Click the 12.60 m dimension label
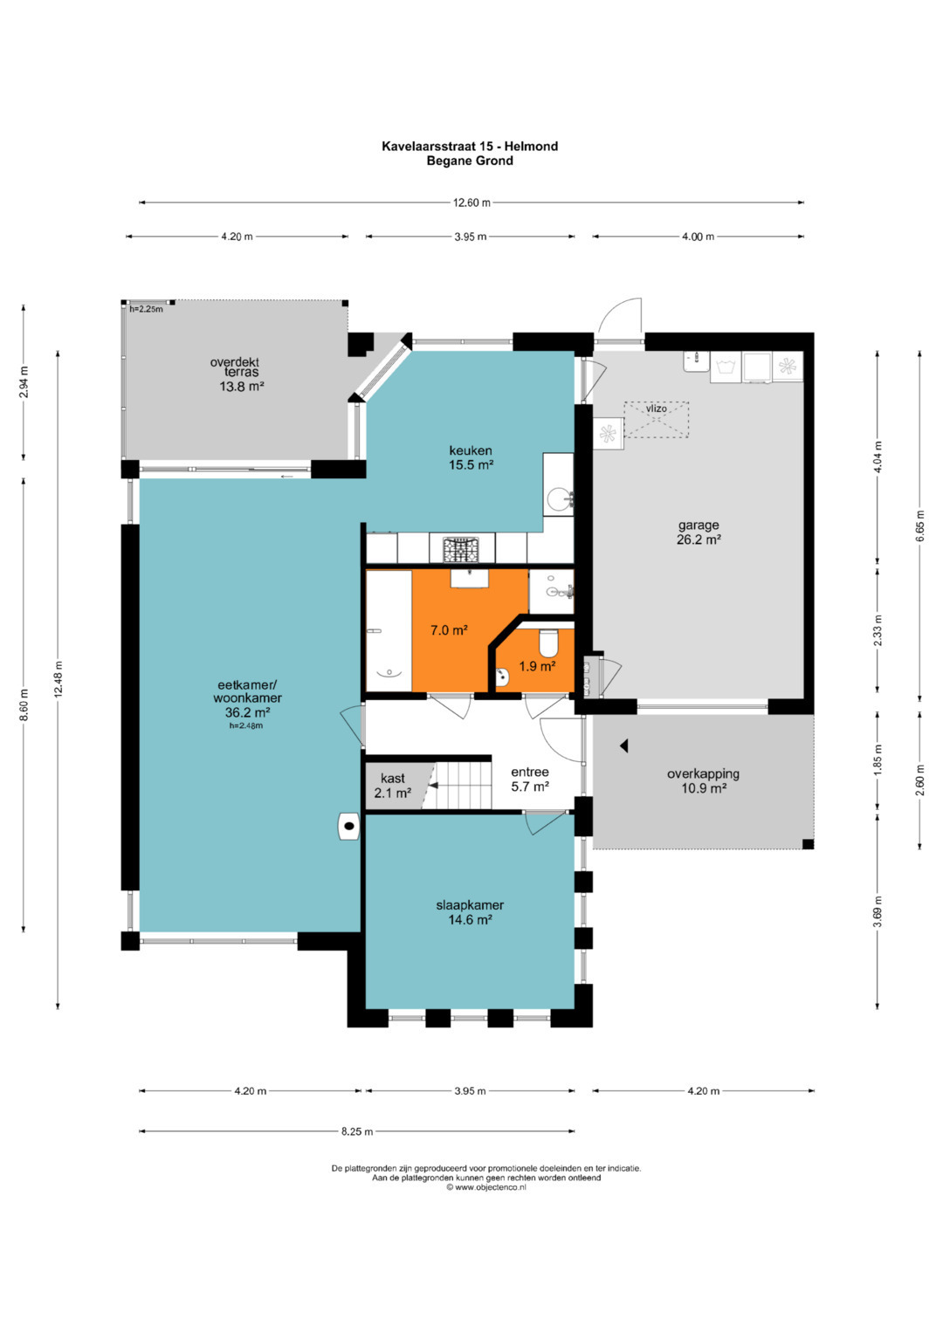(x=471, y=203)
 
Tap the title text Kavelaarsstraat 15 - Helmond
(x=470, y=146)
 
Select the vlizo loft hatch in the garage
(x=656, y=420)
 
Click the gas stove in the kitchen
(x=460, y=550)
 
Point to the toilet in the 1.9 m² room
(x=547, y=642)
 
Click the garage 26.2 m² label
(x=699, y=533)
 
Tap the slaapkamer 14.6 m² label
(x=470, y=912)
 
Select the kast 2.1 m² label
(x=393, y=785)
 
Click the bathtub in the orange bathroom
(x=389, y=630)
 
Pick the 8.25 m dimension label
(x=357, y=1131)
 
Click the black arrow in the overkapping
(x=623, y=745)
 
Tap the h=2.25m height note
(x=146, y=309)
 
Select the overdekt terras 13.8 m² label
(x=240, y=374)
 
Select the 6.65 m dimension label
(x=920, y=526)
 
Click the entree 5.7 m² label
(x=530, y=779)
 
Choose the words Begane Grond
(x=470, y=161)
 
